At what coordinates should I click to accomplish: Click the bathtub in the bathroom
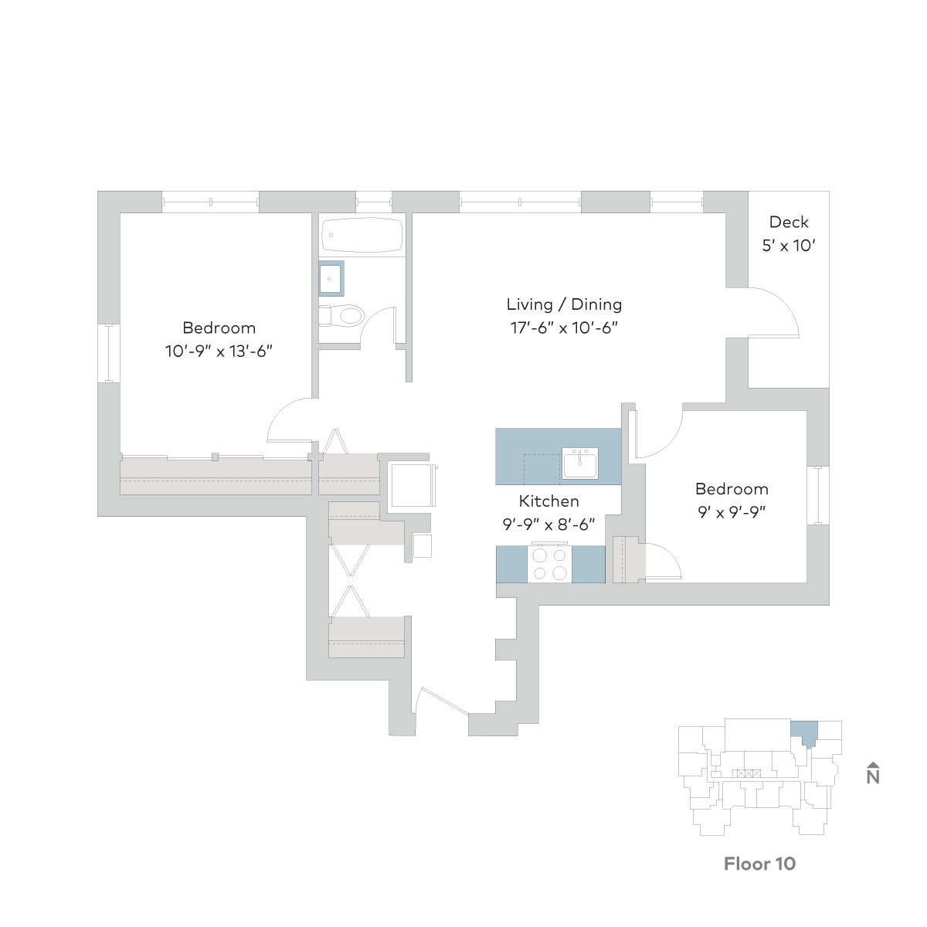[x=362, y=235]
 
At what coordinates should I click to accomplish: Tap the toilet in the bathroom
[x=341, y=316]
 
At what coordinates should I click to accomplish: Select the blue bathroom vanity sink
[x=331, y=278]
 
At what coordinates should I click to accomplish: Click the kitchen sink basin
[x=580, y=463]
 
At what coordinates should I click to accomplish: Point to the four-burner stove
[x=549, y=563]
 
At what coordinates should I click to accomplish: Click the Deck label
[x=789, y=222]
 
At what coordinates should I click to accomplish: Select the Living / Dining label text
[x=564, y=304]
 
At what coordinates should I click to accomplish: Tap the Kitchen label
[x=548, y=501]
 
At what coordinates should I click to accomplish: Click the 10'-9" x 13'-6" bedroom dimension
[x=219, y=351]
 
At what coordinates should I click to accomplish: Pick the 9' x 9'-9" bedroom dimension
[x=732, y=512]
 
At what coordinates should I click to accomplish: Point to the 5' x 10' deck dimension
[x=789, y=246]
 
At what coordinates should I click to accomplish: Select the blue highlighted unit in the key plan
[x=804, y=732]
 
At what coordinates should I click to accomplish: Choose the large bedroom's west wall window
[x=109, y=354]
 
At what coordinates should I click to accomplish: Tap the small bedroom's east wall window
[x=818, y=495]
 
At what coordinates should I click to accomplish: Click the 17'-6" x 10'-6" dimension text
[x=564, y=328]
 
